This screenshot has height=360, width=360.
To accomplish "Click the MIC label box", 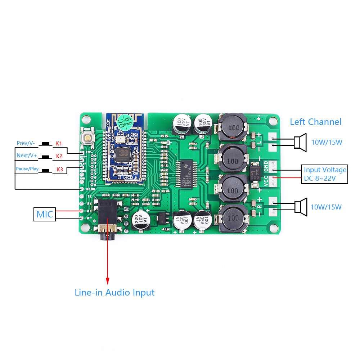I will click(x=45, y=215).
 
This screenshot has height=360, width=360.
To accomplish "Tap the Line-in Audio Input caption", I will click(x=114, y=292).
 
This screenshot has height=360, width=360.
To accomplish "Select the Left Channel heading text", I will click(x=315, y=122).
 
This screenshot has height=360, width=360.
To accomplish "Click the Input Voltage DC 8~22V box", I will click(x=325, y=174).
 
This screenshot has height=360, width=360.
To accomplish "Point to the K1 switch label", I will click(x=59, y=143).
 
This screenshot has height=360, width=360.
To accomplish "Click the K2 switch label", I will click(x=59, y=156).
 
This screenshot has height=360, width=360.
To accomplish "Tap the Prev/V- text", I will click(x=26, y=143).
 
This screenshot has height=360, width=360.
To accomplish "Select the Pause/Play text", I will click(x=27, y=169).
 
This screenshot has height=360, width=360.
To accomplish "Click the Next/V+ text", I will click(x=26, y=156).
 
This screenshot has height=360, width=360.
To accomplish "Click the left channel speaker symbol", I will click(x=300, y=141).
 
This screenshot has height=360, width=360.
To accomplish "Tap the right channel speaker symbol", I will click(x=300, y=207).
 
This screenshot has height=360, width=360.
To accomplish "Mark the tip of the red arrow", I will click(x=107, y=282).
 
